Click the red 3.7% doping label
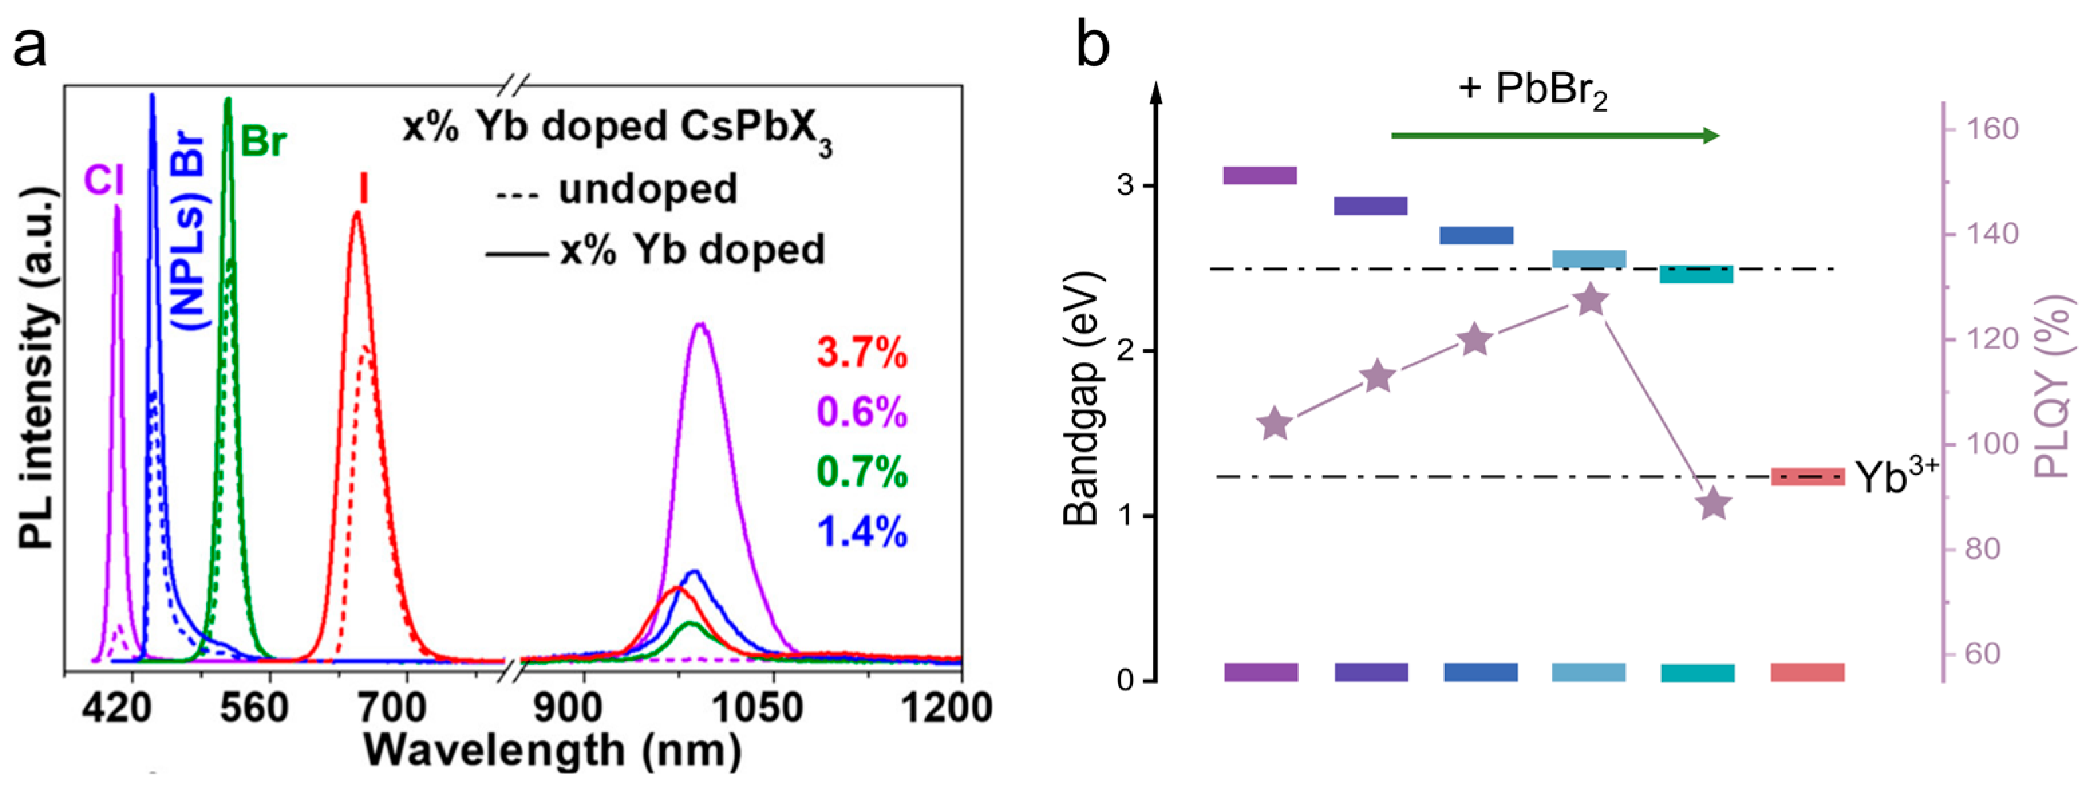coord(862,353)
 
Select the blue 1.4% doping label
coord(862,532)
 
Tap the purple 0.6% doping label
coord(862,412)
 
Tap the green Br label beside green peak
coord(263,141)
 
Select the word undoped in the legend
coord(648,189)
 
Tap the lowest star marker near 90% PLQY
coord(1714,504)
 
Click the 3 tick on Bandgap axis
coord(1125,186)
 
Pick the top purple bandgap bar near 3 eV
coord(1259,175)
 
